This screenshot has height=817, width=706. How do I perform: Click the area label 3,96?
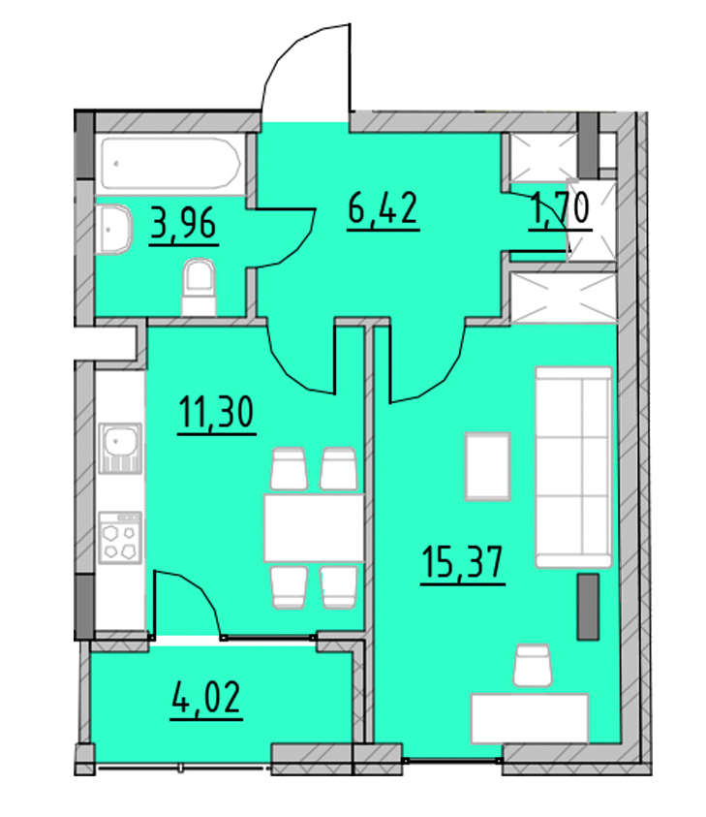click(x=183, y=226)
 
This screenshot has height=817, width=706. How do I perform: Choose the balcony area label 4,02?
click(x=204, y=698)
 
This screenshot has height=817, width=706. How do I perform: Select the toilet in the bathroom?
click(x=200, y=288)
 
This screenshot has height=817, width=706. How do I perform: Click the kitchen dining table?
click(x=313, y=527)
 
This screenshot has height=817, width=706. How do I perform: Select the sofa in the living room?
click(x=573, y=465)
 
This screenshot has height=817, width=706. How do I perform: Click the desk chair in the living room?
click(x=531, y=668)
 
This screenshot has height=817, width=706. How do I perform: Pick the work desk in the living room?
click(x=529, y=717)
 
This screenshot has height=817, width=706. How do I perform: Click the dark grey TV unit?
click(x=586, y=606)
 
